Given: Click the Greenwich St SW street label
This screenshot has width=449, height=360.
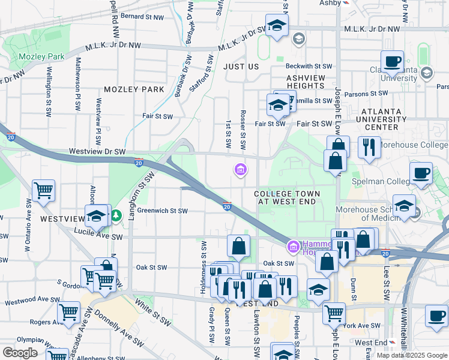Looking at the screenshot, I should tap(163, 211).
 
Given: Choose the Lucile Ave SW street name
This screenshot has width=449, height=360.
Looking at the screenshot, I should tap(98, 237).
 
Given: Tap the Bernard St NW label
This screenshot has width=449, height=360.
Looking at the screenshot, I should tap(142, 16).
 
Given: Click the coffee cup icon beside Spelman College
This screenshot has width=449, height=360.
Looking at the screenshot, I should tap(421, 172).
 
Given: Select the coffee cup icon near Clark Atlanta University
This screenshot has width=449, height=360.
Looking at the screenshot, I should tap(392, 61).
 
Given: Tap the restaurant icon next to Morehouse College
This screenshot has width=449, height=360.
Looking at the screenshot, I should tap(369, 146).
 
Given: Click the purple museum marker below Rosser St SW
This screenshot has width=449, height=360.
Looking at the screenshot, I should tap(240, 170).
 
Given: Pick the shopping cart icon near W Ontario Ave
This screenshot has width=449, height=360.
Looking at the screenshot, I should tap(43, 191).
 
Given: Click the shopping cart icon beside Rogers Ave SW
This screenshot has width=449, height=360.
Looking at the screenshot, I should tap(69, 312).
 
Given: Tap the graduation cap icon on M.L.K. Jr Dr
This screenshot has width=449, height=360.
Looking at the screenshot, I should tap(277, 26).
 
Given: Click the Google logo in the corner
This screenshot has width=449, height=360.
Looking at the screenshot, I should tap(20, 353).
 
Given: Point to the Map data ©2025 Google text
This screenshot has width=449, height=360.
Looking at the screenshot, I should tap(411, 355).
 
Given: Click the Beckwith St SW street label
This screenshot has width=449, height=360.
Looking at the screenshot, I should tap(309, 66).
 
